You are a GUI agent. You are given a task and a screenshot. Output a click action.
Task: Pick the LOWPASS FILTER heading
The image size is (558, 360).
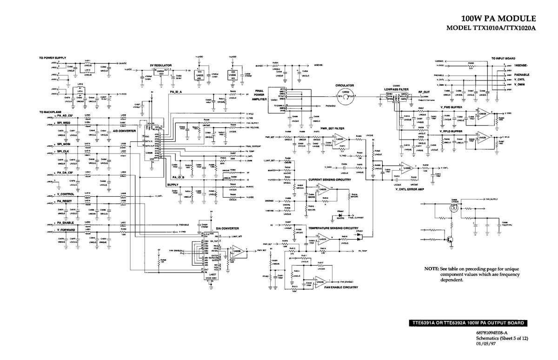click(397, 89)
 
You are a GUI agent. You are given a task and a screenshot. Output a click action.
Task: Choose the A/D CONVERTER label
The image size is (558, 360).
click(124, 131)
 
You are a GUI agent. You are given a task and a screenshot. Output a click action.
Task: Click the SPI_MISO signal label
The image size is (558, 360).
click(64, 123)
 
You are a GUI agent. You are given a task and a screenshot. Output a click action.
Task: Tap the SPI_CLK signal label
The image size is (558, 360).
click(63, 152)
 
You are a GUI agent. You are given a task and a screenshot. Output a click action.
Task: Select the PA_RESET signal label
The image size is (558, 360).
click(64, 201)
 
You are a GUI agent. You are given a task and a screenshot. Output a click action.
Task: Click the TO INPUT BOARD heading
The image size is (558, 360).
click(503, 59)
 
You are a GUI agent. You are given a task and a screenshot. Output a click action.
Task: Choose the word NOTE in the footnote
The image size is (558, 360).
click(431, 269)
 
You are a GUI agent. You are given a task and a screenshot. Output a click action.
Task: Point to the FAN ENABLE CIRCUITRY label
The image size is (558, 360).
click(341, 287)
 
